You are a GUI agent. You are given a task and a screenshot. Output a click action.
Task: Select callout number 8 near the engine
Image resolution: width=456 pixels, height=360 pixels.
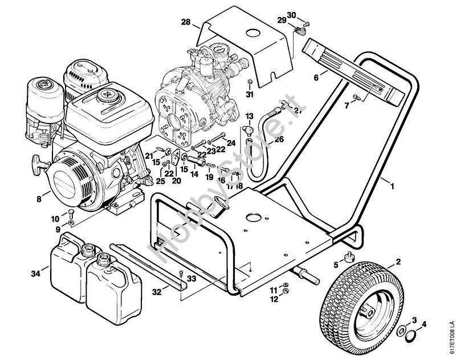click(x=39, y=199)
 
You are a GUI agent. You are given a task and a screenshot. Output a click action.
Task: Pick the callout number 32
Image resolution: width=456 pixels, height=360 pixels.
click(x=157, y=292)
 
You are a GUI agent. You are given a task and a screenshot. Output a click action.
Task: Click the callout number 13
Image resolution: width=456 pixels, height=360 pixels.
click(x=249, y=116)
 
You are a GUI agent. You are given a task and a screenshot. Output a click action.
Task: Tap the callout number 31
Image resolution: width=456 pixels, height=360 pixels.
click(x=249, y=93)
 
